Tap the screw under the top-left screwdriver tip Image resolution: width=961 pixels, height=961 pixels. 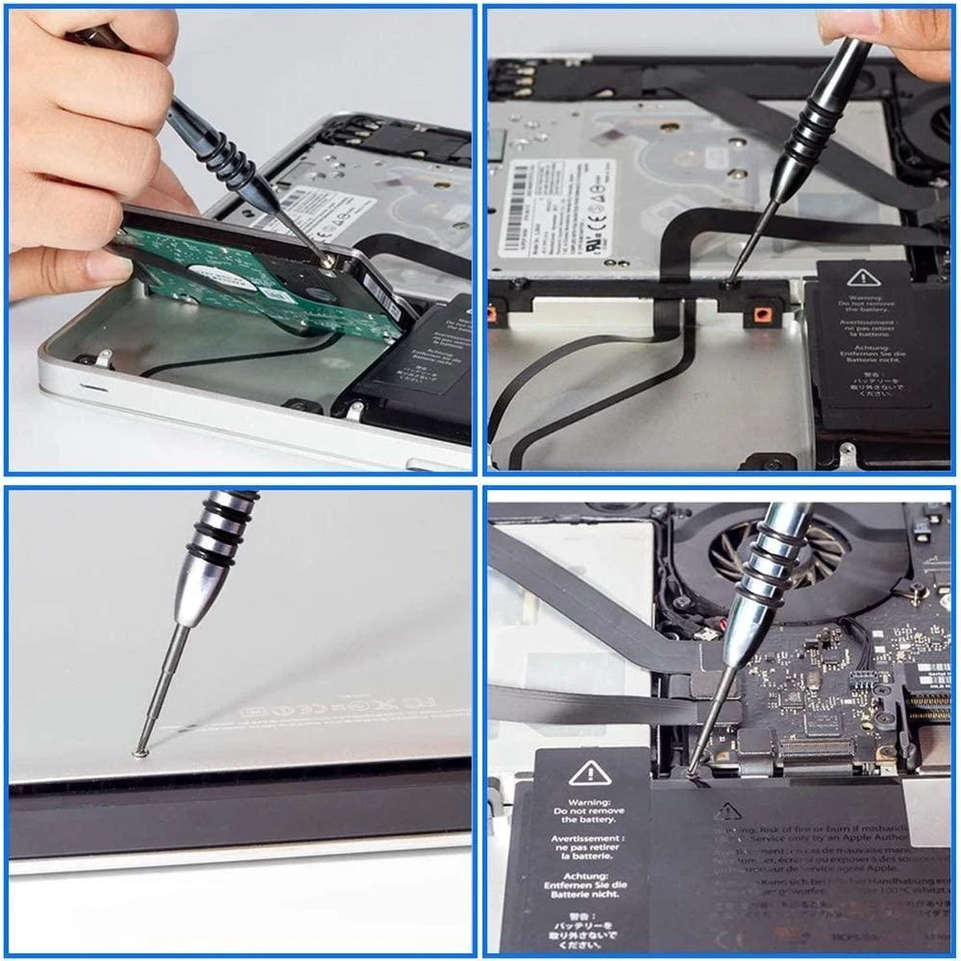327,259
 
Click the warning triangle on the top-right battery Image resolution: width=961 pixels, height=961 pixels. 862,278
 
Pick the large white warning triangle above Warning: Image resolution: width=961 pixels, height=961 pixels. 590,774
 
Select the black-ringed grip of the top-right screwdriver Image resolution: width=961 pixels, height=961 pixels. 813,128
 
